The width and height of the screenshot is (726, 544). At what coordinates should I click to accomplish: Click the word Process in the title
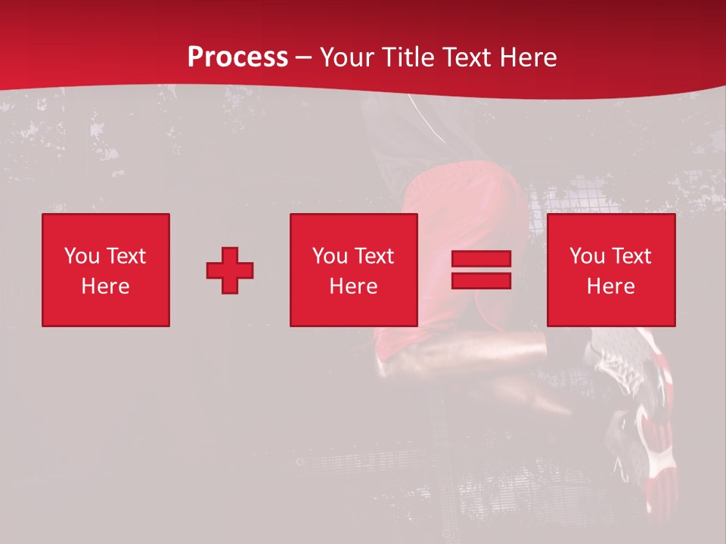point(237,57)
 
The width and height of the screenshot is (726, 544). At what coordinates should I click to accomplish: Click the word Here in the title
point(530,57)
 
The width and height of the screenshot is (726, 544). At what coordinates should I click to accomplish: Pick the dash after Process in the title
point(303,58)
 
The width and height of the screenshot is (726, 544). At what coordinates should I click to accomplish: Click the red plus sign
point(230,270)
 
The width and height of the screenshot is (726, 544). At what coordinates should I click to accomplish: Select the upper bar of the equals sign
point(481,259)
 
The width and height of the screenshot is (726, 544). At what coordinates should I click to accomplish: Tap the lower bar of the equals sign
point(481,281)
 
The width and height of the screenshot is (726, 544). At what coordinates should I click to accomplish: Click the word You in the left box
point(82,256)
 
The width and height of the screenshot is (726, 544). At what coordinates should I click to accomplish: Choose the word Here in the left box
point(105,286)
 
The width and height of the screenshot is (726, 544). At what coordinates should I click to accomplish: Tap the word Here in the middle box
point(353,286)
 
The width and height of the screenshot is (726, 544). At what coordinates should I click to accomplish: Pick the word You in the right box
point(588,256)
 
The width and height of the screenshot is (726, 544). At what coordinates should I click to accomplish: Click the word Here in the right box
point(610,286)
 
